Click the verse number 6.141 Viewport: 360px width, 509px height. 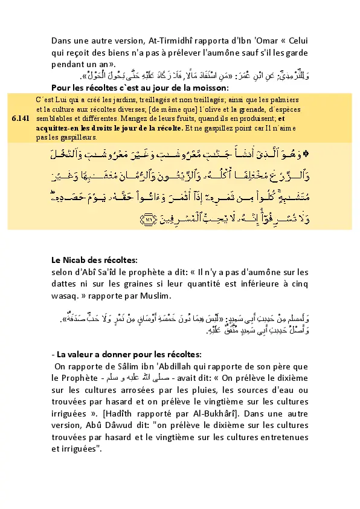click(x=20, y=118)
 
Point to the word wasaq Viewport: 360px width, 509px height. click(x=65, y=296)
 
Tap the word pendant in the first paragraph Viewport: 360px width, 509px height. click(x=71, y=63)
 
